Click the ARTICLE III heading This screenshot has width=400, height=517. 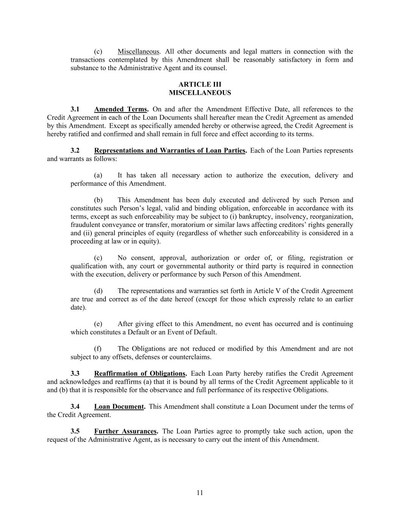[200, 84]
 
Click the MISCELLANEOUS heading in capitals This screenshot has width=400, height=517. [200, 93]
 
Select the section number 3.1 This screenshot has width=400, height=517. [75, 109]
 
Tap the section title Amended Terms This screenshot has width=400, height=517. [121, 109]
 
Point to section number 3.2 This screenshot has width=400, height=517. [75, 150]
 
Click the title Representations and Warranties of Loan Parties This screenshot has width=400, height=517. [170, 150]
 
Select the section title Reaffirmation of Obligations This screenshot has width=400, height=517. [140, 373]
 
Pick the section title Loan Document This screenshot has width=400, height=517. [119, 406]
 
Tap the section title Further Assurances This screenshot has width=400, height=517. [125, 431]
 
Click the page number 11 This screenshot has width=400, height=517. [200, 493]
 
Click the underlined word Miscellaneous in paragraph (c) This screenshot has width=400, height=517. [138, 52]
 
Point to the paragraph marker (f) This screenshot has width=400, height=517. [98, 348]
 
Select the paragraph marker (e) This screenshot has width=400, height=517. [98, 324]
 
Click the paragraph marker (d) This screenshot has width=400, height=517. [98, 291]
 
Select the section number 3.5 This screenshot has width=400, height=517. [75, 431]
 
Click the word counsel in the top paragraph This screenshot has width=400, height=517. [216, 68]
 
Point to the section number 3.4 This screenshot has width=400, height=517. [75, 406]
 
